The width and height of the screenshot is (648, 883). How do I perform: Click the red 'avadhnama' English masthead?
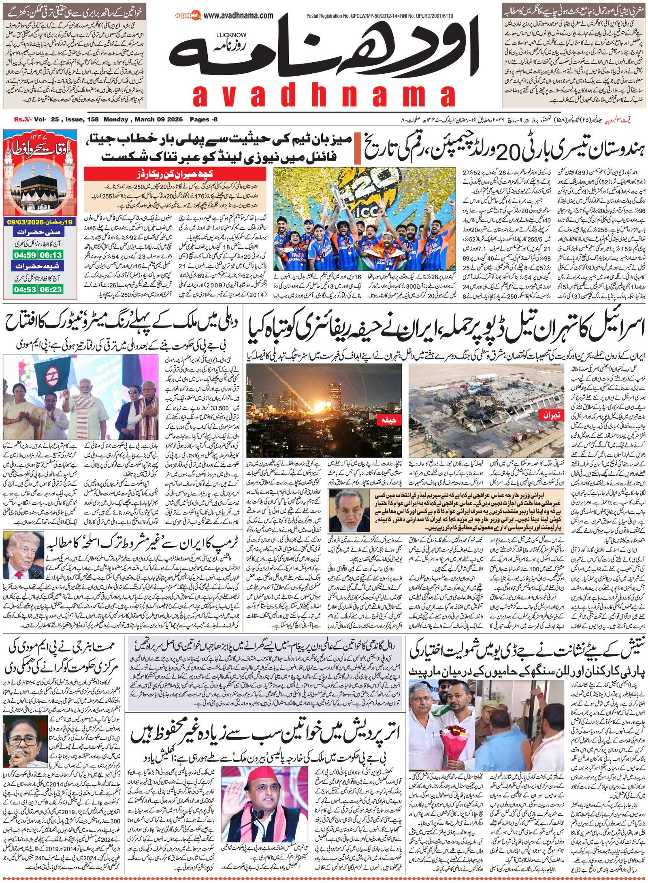(324, 96)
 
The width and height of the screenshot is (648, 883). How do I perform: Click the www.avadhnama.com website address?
(238, 16)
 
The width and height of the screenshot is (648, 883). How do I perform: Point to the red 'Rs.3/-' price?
(23, 119)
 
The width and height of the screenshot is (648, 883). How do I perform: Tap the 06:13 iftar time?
(51, 255)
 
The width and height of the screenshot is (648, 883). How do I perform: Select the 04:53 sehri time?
(25, 289)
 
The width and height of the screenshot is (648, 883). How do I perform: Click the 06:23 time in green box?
(51, 289)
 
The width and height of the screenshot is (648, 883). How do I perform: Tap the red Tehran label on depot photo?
(551, 415)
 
